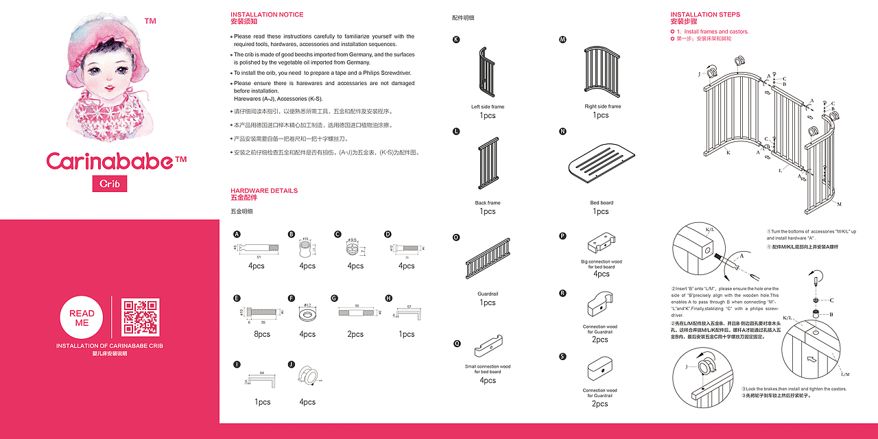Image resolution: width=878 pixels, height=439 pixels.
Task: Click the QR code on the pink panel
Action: tap(141, 317)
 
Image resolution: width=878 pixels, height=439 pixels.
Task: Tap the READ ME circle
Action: tap(82, 318)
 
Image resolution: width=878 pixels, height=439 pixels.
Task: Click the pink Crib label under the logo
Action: tap(110, 184)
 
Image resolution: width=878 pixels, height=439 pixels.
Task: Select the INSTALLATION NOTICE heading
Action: tap(267, 14)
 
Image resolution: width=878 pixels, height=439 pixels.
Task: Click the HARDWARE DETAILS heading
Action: tap(264, 191)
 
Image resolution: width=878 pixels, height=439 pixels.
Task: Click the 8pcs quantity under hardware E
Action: tap(262, 334)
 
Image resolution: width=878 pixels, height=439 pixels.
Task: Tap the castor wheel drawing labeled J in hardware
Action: tap(307, 375)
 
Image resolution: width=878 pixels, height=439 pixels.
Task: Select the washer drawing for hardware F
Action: tap(307, 315)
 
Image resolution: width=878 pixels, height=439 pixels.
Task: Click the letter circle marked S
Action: tap(562, 356)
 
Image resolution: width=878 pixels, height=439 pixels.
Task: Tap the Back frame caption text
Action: tap(488, 203)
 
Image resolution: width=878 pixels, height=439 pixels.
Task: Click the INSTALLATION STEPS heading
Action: tap(705, 14)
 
